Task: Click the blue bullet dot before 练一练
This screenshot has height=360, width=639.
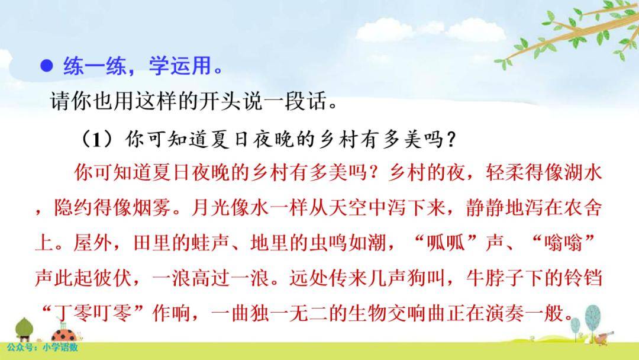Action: [x=47, y=66]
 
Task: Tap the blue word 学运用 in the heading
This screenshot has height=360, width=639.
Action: [x=180, y=65]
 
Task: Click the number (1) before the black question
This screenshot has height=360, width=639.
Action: [x=98, y=140]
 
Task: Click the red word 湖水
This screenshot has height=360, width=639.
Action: [x=583, y=172]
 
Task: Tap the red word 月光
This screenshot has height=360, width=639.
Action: [x=210, y=208]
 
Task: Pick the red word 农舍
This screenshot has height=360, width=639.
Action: [x=583, y=208]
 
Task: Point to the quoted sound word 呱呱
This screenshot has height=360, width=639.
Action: [x=446, y=243]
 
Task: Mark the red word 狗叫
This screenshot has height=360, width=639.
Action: [x=426, y=278]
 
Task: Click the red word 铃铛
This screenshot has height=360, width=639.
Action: [x=583, y=278]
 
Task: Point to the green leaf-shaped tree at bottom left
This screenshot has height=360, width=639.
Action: [x=24, y=329]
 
